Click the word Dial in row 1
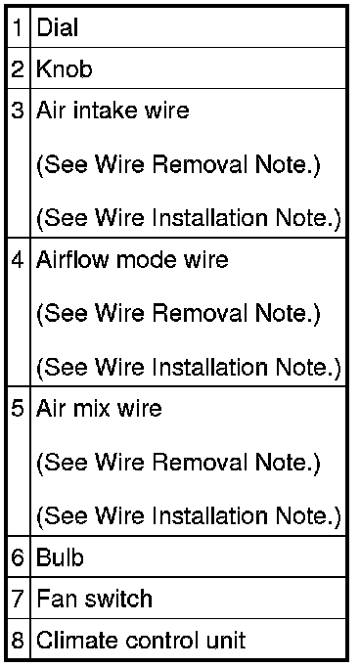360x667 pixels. pos(57,27)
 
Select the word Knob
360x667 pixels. pos(64,68)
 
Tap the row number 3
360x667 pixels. pos(18,111)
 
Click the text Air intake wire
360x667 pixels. pos(112,111)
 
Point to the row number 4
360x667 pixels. pos(18,259)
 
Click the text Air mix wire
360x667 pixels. pos(99,408)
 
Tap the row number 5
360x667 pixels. pos(18,409)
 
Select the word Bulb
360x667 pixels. pos(60,556)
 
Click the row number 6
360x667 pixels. pos(18,557)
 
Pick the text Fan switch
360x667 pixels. pos(95,599)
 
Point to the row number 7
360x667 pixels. pos(18,599)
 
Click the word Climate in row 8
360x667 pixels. pos(75,640)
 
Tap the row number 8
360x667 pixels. pos(18,641)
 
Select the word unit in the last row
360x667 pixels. pos(226,640)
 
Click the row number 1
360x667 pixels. pos(18,28)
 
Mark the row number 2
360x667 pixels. pos(18,68)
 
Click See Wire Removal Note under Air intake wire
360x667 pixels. pos(178,165)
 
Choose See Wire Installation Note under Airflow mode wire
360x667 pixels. pos(189,368)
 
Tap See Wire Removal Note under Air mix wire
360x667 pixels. pos(178,463)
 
